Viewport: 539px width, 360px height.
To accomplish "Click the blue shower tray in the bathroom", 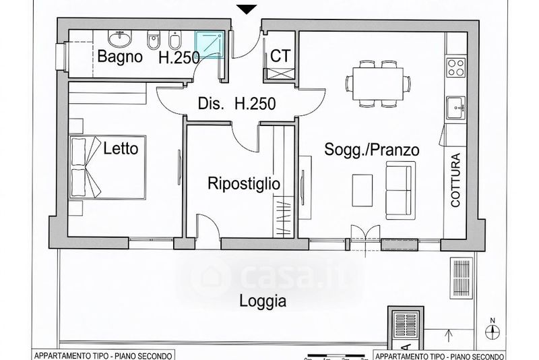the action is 210,44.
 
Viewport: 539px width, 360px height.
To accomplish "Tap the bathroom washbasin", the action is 120,38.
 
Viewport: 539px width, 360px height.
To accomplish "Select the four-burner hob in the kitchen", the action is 456,67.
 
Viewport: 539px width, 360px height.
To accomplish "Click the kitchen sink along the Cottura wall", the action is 456,108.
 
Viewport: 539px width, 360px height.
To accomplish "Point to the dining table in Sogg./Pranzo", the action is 378,84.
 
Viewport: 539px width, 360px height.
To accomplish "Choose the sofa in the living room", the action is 399,190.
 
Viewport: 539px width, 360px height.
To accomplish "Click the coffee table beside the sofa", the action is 362,191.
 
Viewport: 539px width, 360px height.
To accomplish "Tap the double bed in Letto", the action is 108,167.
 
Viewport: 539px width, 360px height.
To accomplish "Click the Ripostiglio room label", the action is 244,183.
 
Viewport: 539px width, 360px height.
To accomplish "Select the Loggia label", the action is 263,301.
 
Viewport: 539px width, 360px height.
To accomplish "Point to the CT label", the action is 280,56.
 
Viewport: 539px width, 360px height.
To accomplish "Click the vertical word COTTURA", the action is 455,180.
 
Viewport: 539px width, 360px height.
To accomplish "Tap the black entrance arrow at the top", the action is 247,9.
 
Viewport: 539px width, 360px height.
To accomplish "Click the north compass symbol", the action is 493,330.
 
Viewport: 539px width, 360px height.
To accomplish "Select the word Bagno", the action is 120,57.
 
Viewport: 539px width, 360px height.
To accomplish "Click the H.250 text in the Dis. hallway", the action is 255,104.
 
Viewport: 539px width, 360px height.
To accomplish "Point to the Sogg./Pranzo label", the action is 372,150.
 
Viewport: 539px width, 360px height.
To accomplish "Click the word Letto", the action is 121,148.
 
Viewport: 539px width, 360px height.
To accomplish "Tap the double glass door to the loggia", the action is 365,237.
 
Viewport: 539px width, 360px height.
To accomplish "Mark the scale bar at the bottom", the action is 336,355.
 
